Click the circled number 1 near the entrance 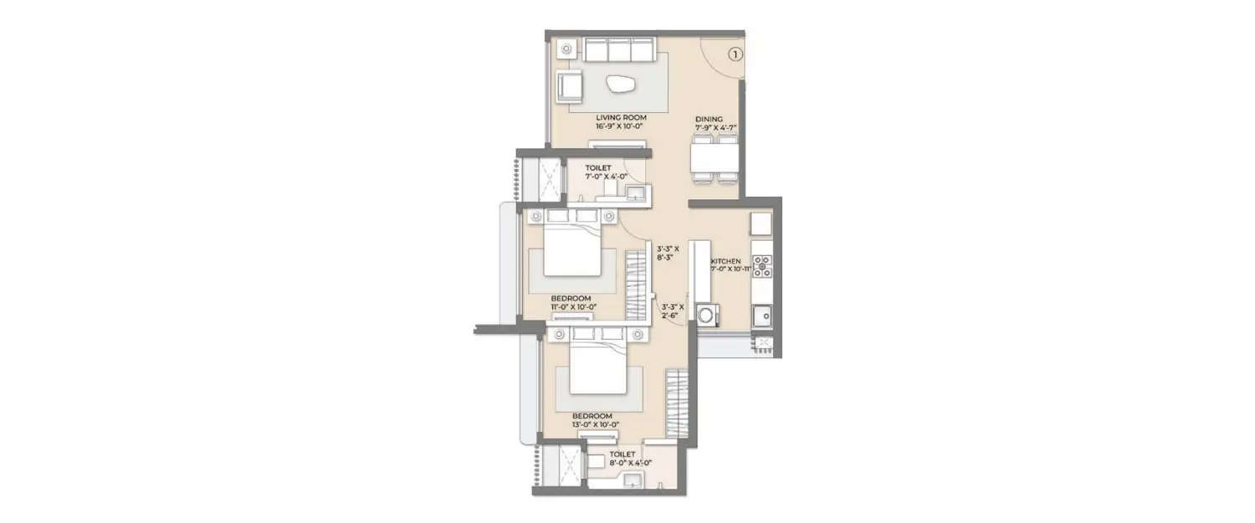pos(734,54)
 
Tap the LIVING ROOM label pos(619,118)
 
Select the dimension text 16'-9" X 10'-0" pos(619,126)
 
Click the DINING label pos(709,119)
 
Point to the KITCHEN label pos(726,261)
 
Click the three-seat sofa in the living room pos(619,52)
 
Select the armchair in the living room pos(571,85)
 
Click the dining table pos(715,158)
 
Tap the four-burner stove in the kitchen pos(761,266)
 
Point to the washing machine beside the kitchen pos(708,315)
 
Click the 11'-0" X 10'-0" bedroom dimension pos(573,307)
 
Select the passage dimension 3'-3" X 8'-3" pos(669,254)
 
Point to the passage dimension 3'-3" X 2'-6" pos(672,312)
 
